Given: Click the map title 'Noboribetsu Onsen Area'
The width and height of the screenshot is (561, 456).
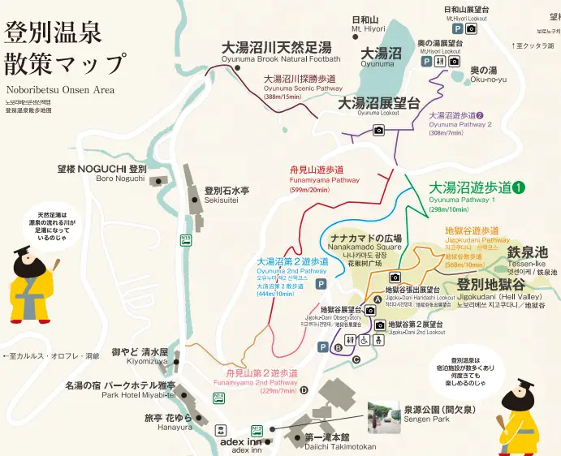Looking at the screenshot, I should coord(59,90).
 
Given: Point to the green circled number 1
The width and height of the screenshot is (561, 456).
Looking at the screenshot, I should coord(519,187).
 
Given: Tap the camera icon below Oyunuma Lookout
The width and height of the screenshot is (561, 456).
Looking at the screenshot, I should coord(378,130).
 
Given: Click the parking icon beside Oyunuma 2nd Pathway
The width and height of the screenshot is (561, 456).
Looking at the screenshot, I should coord(321,284).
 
